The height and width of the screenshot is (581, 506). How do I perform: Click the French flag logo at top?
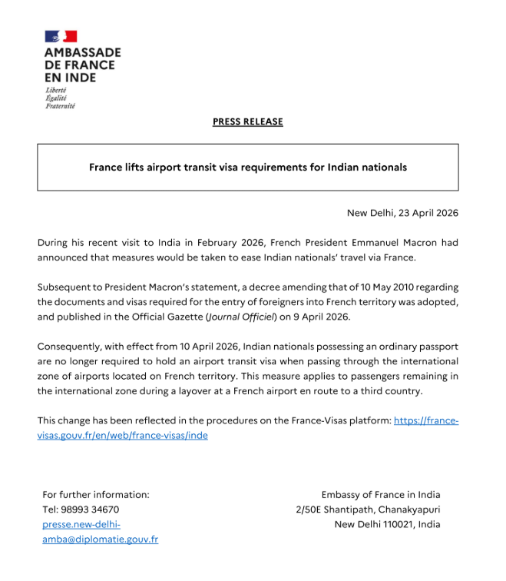point(61,37)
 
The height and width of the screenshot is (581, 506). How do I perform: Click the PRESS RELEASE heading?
point(247,121)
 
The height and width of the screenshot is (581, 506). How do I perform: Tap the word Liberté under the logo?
point(55,90)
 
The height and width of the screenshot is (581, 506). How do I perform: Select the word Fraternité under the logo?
point(61,106)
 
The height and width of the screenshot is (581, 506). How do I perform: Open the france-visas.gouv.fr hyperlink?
point(425,420)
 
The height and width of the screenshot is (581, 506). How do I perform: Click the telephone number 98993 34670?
point(94,510)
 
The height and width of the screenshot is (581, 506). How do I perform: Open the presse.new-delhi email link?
point(81,524)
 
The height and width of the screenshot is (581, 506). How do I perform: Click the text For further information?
point(96,494)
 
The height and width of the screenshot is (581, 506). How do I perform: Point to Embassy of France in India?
point(381,494)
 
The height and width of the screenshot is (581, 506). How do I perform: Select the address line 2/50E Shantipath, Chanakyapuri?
point(368,510)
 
